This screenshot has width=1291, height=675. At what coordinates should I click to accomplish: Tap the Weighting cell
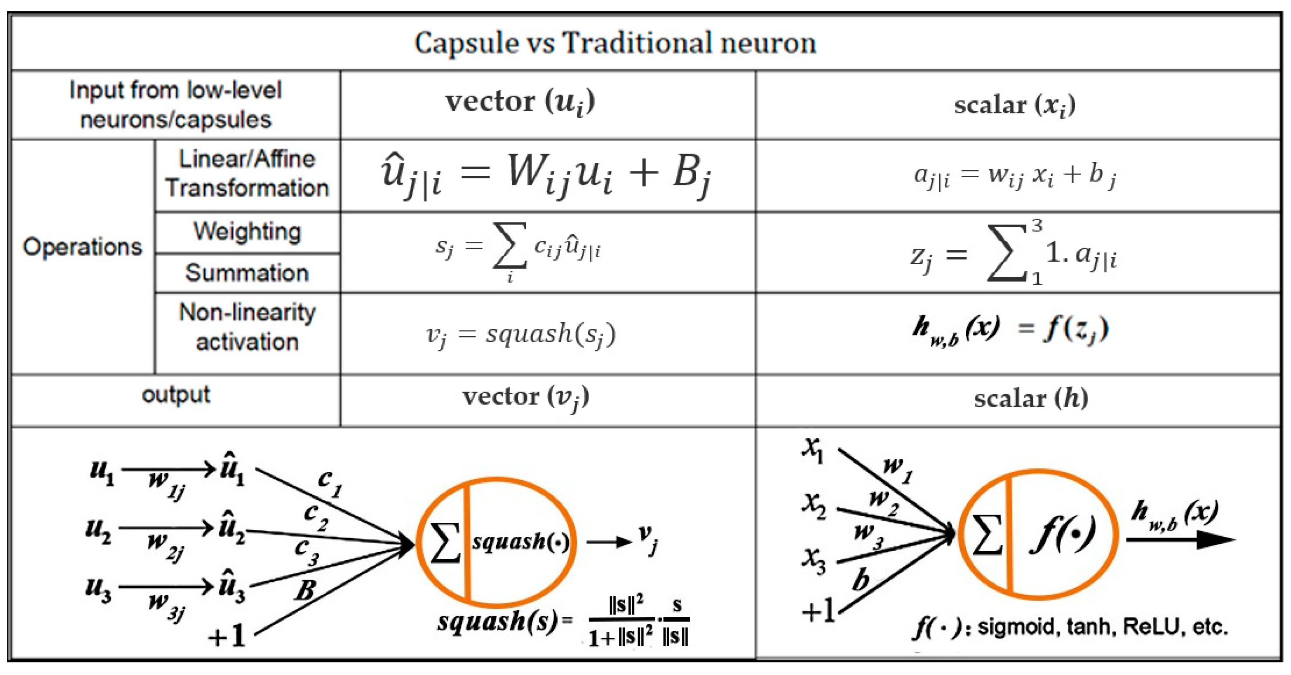pos(248,232)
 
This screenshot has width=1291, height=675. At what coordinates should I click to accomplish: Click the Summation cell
pos(248,273)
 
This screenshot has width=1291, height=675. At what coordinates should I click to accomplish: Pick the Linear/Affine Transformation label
pos(248,174)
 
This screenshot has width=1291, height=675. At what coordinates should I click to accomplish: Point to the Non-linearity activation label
pos(248,327)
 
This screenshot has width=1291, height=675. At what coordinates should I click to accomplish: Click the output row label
pos(175,395)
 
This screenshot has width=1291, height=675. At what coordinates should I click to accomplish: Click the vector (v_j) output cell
pos(526,397)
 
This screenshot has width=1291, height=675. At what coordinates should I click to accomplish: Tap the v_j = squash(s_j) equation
pos(521,334)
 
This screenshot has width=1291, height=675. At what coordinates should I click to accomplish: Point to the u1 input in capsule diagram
pos(102,471)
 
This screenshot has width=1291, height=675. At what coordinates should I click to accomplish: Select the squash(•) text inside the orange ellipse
pos(521,542)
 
